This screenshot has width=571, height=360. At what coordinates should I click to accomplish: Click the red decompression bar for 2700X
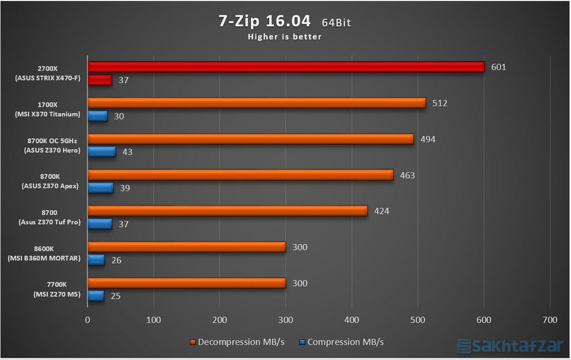pyautogui.click(x=285, y=67)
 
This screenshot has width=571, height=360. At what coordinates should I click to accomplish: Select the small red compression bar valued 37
pyautogui.click(x=100, y=80)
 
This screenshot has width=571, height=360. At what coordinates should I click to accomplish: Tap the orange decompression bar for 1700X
pyautogui.click(x=257, y=103)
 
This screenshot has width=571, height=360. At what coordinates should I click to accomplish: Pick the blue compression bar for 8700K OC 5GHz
pyautogui.click(x=101, y=152)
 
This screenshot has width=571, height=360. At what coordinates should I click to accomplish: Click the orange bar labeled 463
pyautogui.click(x=240, y=175)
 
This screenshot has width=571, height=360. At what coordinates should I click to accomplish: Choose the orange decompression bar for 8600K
pyautogui.click(x=187, y=247)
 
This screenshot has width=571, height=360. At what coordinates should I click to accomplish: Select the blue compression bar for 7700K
pyautogui.click(x=96, y=296)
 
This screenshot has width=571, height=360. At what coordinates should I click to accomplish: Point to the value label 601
pyautogui.click(x=499, y=67)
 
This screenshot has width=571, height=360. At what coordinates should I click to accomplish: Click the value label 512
pyautogui.click(x=439, y=103)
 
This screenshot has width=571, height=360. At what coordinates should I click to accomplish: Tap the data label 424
pyautogui.click(x=381, y=211)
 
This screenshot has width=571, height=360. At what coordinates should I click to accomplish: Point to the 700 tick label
pyautogui.click(x=549, y=320)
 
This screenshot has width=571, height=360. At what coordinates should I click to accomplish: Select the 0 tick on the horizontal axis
pyautogui.click(x=88, y=320)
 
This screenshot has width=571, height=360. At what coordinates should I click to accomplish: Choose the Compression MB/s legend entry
pyautogui.click(x=341, y=342)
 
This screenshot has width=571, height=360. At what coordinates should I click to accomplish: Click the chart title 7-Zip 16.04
pyautogui.click(x=264, y=21)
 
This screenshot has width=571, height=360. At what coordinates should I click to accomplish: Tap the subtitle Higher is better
pyautogui.click(x=285, y=37)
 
